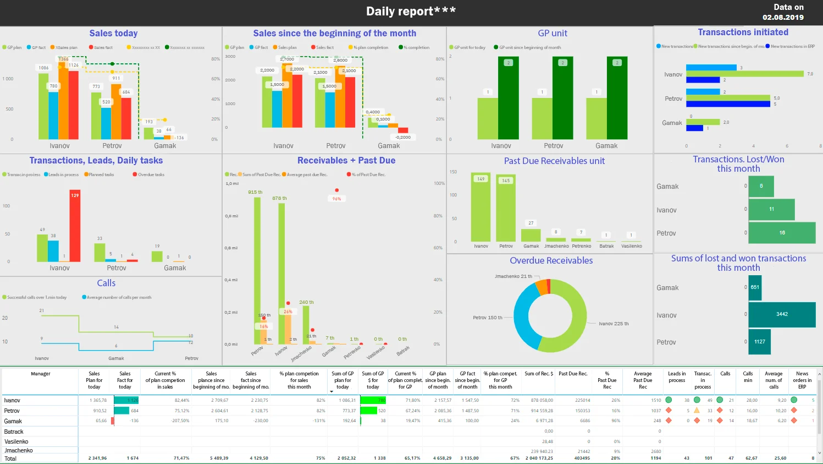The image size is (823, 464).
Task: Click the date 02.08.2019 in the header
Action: pos(783,17)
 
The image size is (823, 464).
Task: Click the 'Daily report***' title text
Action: pos(411,11)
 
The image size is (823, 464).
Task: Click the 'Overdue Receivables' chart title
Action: pos(551,260)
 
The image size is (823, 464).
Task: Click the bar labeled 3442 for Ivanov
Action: pos(782,314)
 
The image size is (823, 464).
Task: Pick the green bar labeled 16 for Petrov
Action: pos(782,233)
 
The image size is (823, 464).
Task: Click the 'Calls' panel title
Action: pos(106,283)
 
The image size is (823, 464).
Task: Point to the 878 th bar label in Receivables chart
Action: pos(279,198)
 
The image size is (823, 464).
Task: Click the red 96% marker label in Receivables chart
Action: pos(336,199)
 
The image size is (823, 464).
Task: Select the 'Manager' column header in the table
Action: pos(40,374)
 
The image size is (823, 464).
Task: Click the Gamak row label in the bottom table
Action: pos(13,421)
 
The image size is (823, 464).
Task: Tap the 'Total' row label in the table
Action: pos(10,458)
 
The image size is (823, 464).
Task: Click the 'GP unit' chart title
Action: pos(552,33)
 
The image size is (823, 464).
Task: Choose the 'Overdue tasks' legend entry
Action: pos(151,174)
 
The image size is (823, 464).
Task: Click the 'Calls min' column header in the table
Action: pos(748,376)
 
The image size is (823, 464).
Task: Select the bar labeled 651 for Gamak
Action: pos(755,287)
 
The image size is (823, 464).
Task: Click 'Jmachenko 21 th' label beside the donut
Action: pos(513,276)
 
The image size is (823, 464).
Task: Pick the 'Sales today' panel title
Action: pos(113,33)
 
